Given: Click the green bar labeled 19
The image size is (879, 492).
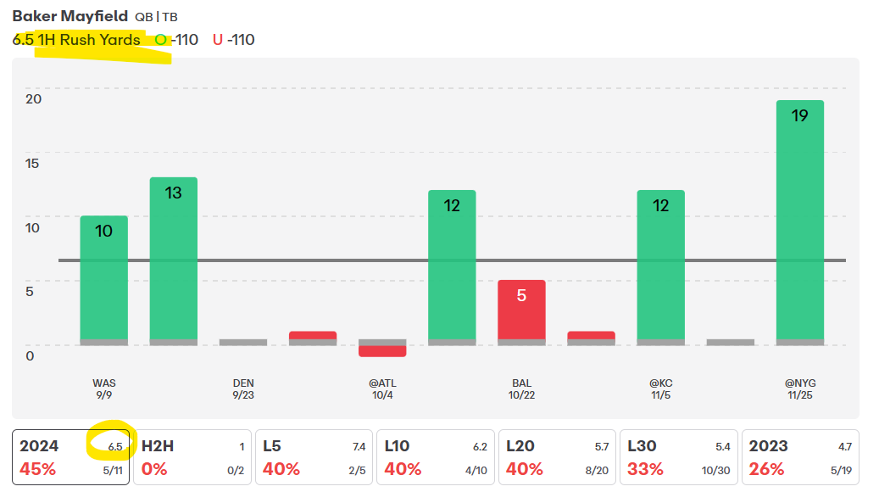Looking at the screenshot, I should (799, 221).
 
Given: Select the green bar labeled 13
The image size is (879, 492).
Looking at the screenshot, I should (174, 259).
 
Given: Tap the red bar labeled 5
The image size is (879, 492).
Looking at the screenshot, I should (521, 310).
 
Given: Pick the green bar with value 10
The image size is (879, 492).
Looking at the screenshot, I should (104, 278).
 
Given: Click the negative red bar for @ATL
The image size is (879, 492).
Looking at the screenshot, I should (382, 351).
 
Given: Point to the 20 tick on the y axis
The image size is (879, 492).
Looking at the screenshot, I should (33, 98).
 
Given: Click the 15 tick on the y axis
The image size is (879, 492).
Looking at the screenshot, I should (33, 163).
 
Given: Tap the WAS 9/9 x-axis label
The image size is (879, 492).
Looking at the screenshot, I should (104, 389).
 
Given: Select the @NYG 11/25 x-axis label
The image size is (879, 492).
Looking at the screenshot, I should (799, 389).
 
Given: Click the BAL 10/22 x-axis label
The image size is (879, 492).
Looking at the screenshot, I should (521, 389).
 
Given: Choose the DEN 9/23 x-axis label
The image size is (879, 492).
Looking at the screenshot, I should (243, 389).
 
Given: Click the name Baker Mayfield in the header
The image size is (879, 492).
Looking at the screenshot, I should (58, 16).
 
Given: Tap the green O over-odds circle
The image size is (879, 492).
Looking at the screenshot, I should (161, 40).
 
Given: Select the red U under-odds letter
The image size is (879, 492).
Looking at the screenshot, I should (218, 40).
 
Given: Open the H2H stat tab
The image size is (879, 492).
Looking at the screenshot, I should (192, 457).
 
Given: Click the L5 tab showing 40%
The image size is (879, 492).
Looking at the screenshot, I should (314, 457).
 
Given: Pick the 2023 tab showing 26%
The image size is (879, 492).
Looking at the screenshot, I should (800, 457).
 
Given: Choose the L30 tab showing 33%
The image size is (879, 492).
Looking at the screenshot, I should (679, 457).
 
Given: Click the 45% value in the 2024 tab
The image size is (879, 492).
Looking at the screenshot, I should (37, 469).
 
